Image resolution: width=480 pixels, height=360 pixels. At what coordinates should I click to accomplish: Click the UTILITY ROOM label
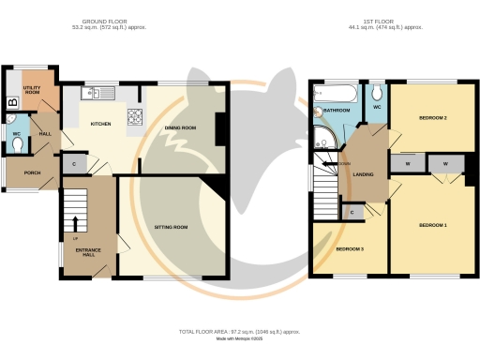32,89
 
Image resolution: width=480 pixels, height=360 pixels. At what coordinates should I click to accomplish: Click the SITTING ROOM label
172,227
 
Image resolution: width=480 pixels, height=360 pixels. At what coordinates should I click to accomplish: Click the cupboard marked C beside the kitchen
74,165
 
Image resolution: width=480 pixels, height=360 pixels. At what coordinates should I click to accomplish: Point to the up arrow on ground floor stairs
76,222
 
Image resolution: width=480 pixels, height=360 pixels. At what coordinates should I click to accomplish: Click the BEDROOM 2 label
431,118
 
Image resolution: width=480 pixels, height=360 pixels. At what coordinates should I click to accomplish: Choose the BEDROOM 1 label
432,226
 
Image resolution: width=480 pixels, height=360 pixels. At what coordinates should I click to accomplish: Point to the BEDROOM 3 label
349,248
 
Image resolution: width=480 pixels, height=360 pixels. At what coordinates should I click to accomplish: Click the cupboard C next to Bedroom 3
351,213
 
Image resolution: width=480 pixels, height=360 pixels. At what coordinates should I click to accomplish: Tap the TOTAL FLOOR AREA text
239,333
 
